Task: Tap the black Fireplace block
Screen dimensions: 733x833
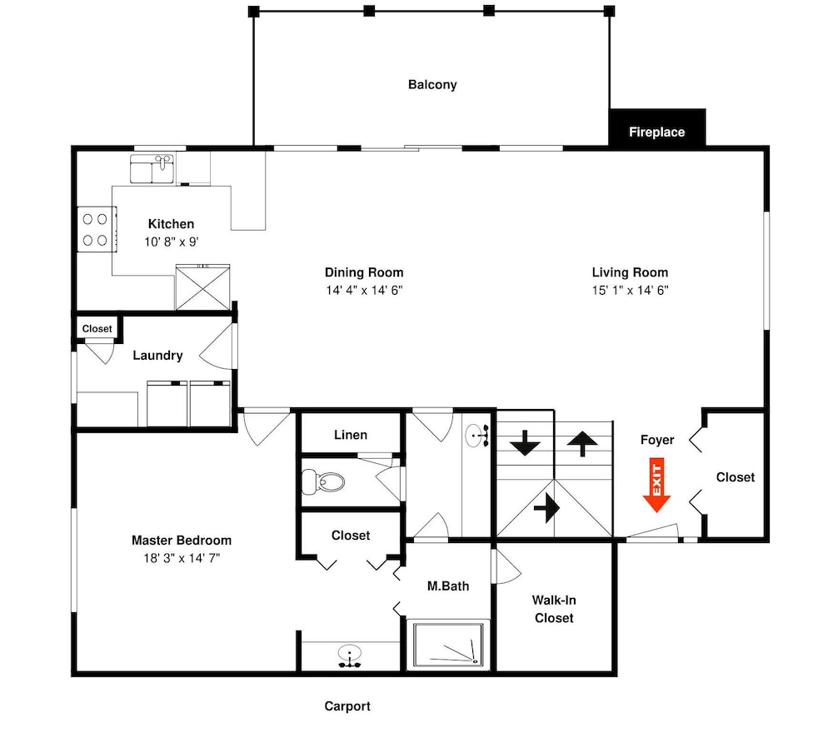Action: point(657,131)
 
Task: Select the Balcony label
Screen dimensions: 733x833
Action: point(432,84)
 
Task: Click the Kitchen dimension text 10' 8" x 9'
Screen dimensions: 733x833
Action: point(171,242)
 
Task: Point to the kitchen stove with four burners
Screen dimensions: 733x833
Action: point(95,230)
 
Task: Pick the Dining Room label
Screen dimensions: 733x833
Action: point(364,272)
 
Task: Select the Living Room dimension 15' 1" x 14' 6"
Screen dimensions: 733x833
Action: point(631,291)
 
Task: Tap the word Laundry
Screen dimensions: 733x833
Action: point(157,356)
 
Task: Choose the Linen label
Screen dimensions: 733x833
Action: point(350,435)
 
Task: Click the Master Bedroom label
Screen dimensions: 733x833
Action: point(182,541)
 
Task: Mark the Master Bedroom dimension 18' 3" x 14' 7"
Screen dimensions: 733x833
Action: point(182,558)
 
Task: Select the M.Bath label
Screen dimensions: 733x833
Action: point(448,586)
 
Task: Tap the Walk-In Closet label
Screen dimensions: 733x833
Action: point(555,609)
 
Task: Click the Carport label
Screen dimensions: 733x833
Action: point(347,706)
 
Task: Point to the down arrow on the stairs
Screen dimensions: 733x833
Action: point(525,442)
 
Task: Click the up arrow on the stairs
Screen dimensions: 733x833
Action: point(581,443)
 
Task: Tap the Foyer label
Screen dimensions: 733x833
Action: point(657,440)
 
